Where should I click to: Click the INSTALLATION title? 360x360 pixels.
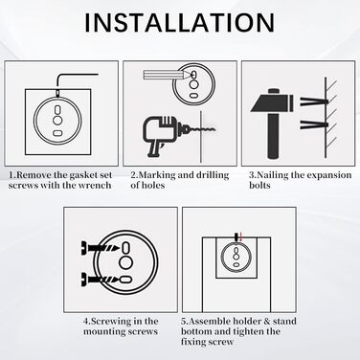point(179,22)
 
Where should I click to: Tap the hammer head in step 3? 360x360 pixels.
point(272,101)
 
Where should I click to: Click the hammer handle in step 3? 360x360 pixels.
point(273,135)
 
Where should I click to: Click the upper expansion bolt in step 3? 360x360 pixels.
point(314,102)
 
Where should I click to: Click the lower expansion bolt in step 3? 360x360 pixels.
point(314,125)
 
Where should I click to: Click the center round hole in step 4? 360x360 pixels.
point(126,262)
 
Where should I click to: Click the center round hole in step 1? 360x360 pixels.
point(57,121)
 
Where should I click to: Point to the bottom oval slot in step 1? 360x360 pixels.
point(57,132)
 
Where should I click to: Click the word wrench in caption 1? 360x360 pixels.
point(97,186)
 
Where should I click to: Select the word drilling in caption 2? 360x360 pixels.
point(213,175)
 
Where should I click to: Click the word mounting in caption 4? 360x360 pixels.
point(103,331)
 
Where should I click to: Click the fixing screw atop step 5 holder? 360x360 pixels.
point(236,236)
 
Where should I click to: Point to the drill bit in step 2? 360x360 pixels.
point(203,129)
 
